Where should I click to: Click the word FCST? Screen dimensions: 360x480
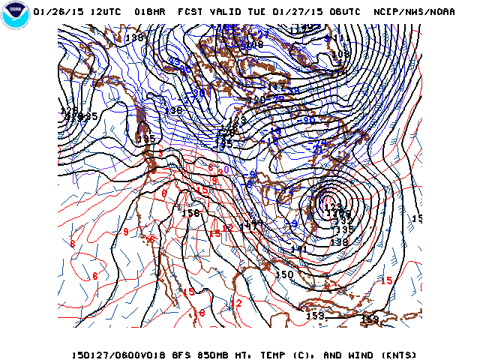(190, 12)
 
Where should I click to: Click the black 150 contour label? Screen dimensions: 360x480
(284, 274)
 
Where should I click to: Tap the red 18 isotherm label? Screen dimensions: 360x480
(199, 313)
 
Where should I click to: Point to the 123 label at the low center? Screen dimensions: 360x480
(333, 207)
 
